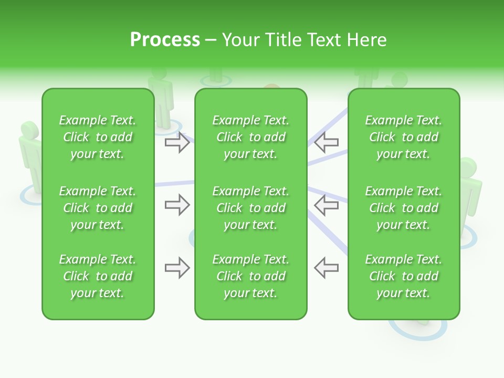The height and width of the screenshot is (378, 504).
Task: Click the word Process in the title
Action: click(165, 40)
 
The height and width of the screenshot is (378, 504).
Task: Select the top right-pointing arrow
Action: click(177, 142)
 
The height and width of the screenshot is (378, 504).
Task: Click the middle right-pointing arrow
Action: click(177, 205)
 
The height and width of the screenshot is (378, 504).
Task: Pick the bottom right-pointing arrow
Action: click(177, 268)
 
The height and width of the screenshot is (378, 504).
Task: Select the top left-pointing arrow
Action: click(327, 142)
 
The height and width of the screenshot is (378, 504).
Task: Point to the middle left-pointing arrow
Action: click(327, 205)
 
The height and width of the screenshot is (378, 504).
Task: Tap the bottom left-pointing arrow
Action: click(327, 268)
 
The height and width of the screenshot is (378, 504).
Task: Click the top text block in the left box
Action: click(98, 137)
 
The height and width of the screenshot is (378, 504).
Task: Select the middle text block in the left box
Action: click(98, 208)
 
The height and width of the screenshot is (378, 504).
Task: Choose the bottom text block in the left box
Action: click(98, 276)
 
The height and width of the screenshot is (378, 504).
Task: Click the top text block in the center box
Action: click(250, 137)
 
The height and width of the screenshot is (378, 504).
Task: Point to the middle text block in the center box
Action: click(250, 208)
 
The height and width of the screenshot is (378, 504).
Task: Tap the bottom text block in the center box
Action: click(250, 276)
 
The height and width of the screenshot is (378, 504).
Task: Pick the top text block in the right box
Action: click(403, 137)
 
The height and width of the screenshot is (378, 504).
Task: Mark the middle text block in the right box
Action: click(403, 208)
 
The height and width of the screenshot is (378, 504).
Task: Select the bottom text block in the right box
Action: click(403, 276)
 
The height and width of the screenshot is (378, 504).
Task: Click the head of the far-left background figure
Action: click(29, 131)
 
